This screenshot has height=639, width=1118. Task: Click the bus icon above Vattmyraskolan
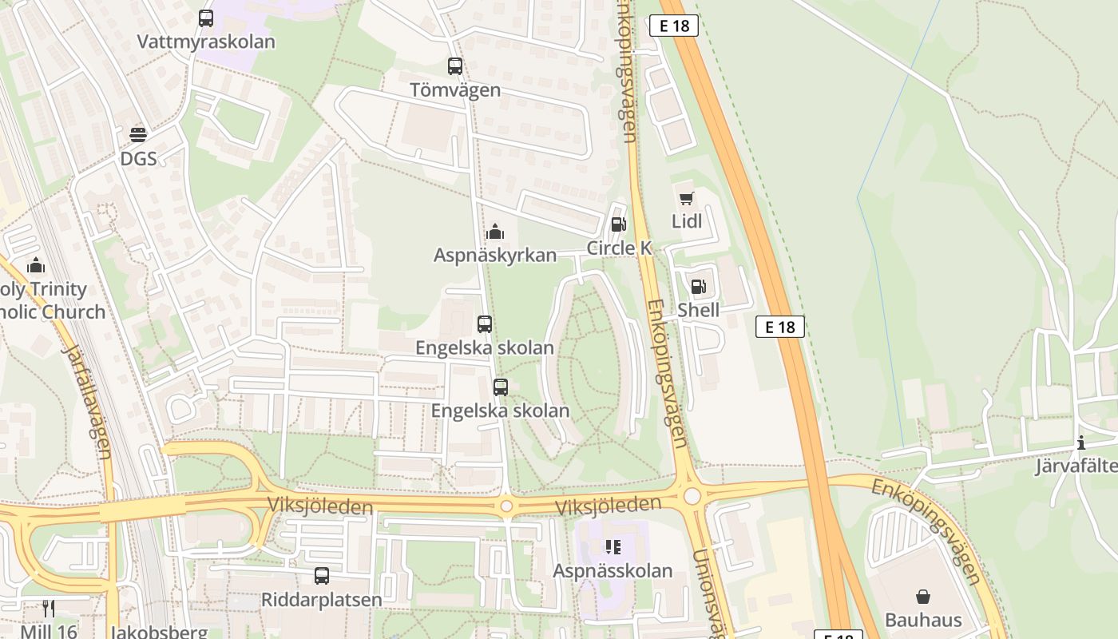tap(206, 18)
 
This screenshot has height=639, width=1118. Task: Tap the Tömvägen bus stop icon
tap(455, 66)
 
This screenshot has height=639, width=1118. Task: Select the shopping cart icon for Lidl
tap(686, 198)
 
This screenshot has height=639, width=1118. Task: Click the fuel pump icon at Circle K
tap(618, 224)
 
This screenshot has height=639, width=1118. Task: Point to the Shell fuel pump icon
tap(699, 287)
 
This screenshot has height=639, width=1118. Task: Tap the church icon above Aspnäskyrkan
tap(494, 232)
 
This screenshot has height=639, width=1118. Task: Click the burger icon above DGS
tap(138, 133)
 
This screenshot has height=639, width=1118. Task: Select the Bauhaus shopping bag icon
tap(923, 597)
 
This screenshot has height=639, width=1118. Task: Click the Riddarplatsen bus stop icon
tap(322, 575)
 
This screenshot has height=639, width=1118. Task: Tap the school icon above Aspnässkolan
tap(613, 547)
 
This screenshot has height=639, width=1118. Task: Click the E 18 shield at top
tap(674, 26)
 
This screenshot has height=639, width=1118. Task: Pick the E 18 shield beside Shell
tap(779, 326)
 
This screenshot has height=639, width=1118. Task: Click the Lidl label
tap(687, 221)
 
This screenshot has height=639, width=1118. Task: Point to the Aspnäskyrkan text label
tap(495, 255)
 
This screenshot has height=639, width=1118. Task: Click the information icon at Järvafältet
tap(1081, 443)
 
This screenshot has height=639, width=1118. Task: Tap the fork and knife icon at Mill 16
tap(49, 609)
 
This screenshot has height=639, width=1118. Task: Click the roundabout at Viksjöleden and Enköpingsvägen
tap(692, 496)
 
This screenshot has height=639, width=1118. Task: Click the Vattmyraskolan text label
tap(206, 42)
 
